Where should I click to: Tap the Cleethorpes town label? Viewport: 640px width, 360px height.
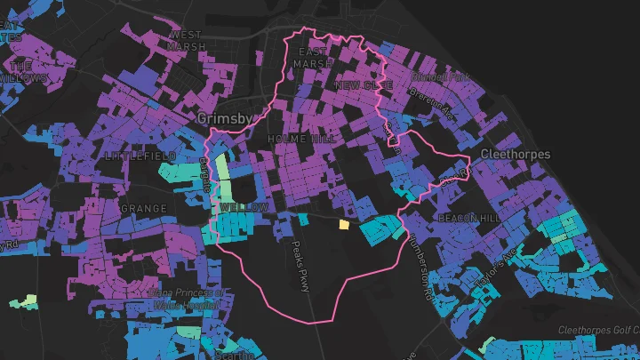515,155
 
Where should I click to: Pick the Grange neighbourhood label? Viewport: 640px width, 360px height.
143,208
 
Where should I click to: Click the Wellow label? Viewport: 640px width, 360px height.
244,207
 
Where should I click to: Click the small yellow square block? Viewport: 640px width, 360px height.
343,226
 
